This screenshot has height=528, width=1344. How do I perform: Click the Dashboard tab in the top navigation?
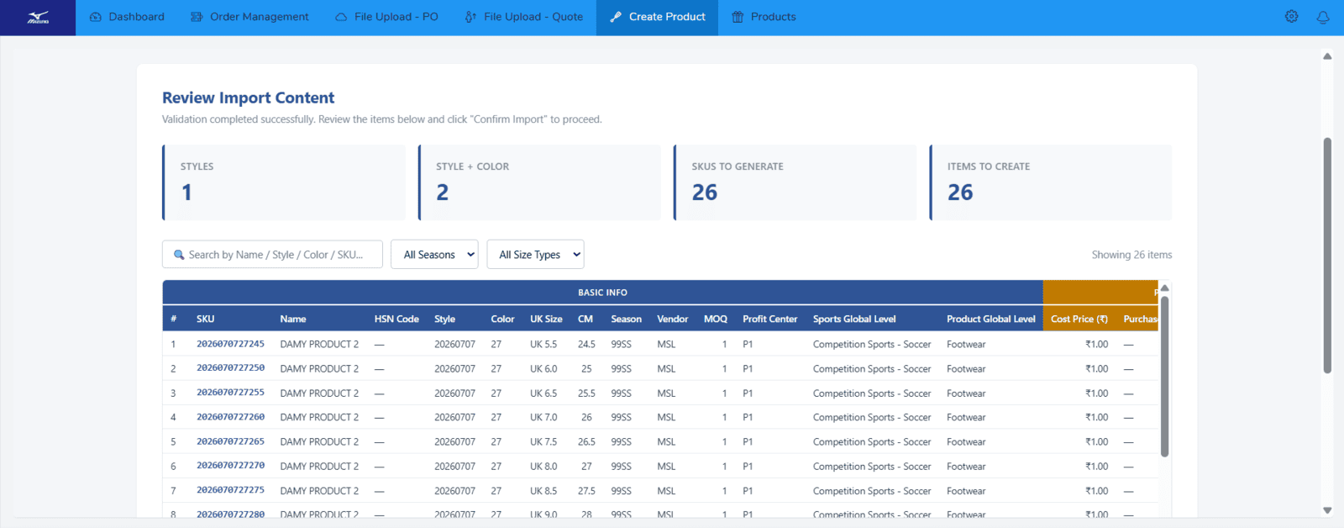click(127, 17)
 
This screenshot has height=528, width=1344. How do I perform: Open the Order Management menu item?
click(249, 17)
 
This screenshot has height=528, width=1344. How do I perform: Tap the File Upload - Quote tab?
click(524, 17)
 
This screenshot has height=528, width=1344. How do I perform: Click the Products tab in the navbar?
click(764, 17)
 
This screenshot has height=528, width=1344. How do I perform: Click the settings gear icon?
click(1291, 17)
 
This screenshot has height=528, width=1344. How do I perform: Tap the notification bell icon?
click(1323, 17)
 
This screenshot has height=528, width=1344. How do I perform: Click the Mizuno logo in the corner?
click(38, 18)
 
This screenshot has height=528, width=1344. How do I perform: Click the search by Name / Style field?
click(272, 254)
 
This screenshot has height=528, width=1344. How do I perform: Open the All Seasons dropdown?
click(434, 254)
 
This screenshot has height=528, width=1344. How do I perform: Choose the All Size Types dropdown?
click(535, 254)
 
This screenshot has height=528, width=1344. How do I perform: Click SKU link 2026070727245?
click(230, 344)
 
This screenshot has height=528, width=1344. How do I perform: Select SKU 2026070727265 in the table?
click(230, 441)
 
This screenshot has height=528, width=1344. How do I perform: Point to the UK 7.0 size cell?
click(543, 417)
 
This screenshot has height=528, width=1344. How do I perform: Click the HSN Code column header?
click(396, 319)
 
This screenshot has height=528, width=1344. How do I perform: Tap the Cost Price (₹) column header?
click(1079, 319)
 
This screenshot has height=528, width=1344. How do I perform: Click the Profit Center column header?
click(769, 319)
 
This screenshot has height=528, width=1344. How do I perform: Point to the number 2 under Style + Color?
click(442, 193)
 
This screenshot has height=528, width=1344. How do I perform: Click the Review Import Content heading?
click(248, 98)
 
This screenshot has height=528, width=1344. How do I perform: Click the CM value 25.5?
click(586, 393)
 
